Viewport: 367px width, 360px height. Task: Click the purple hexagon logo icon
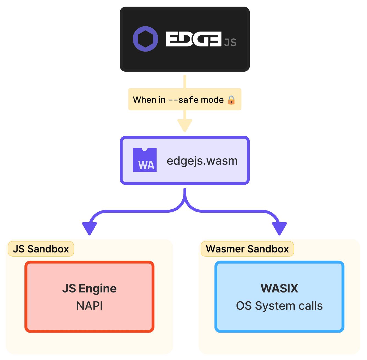tap(145, 39)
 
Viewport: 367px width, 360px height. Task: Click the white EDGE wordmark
tap(193, 39)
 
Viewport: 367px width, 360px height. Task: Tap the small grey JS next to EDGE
tap(230, 43)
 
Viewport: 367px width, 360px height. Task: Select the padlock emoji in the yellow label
tap(231, 100)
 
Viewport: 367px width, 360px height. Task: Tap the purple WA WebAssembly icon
tap(144, 160)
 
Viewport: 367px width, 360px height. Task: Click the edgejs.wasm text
tap(202, 161)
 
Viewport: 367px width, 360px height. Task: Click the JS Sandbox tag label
tap(41, 249)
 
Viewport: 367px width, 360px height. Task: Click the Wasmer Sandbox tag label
tap(247, 249)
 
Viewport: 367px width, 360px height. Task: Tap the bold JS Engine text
tap(89, 288)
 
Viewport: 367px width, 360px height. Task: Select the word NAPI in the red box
tap(89, 306)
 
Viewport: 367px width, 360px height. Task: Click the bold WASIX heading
tap(279, 288)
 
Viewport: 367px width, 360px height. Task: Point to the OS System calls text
tap(279, 306)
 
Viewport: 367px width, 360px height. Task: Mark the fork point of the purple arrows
tap(185, 202)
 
